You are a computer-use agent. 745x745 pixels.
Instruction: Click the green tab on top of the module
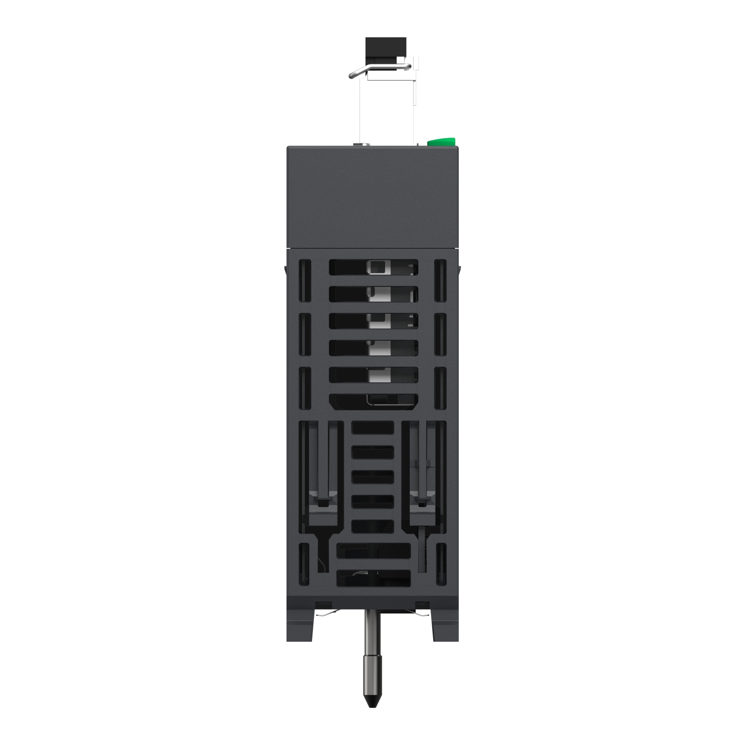(x=442, y=142)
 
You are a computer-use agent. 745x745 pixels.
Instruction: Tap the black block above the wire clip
(x=385, y=48)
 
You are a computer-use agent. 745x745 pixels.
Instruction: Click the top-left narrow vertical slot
(x=304, y=281)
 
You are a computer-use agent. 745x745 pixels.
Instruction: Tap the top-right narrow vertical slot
(x=440, y=281)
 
